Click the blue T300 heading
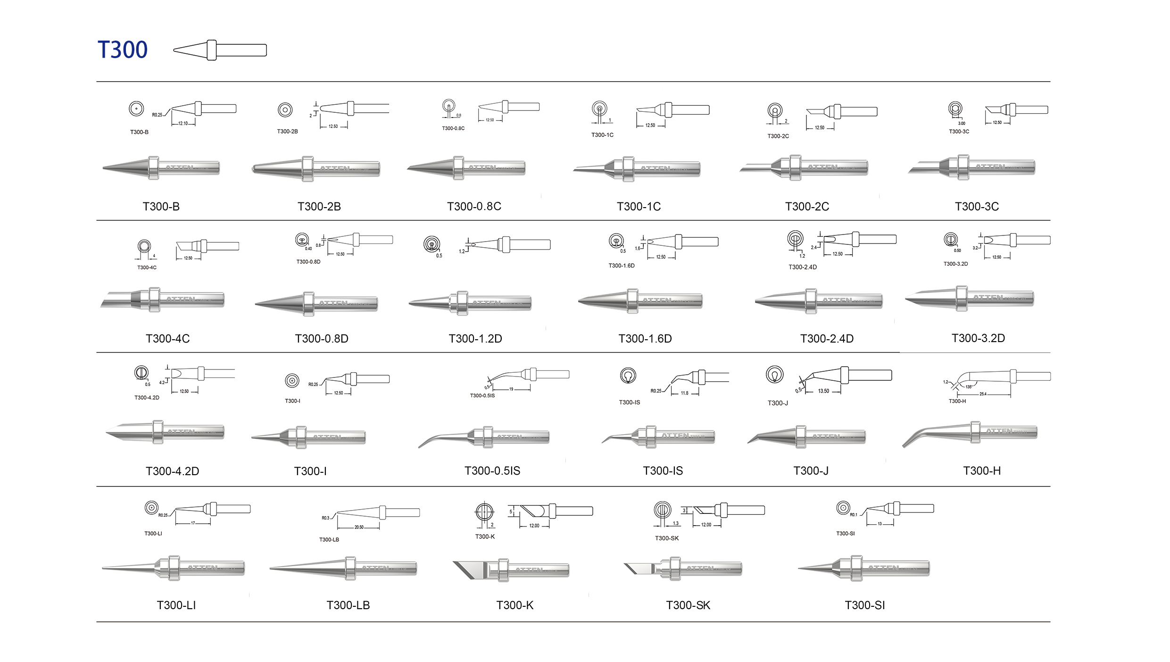tap(122, 50)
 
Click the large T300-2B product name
tap(319, 207)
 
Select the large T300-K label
tap(514, 605)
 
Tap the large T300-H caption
tap(981, 471)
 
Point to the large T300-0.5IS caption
tap(492, 471)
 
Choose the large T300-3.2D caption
tap(978, 338)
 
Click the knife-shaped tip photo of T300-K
tap(511, 570)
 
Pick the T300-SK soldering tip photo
tap(682, 569)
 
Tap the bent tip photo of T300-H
tap(970, 433)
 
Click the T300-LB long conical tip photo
tap(343, 568)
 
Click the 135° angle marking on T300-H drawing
tap(969, 387)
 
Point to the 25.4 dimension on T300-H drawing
tap(983, 394)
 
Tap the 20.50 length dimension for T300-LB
tap(359, 527)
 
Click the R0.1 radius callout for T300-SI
tap(854, 515)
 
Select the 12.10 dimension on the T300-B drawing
tap(183, 124)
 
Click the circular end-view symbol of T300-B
tap(136, 109)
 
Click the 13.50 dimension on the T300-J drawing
tap(823, 391)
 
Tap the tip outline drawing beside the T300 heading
tap(220, 50)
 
